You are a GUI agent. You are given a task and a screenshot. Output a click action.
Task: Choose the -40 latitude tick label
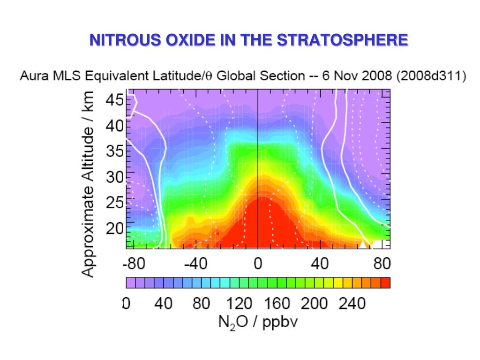click(195, 264)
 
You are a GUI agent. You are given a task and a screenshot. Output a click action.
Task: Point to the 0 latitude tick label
click(258, 264)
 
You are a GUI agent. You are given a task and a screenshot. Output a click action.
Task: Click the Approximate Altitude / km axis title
click(89, 184)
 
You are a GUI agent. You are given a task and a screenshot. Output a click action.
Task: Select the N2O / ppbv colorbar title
click(258, 322)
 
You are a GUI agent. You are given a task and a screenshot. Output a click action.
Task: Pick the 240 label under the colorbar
click(352, 304)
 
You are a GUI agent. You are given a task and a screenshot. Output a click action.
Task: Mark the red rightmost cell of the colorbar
click(385, 283)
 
